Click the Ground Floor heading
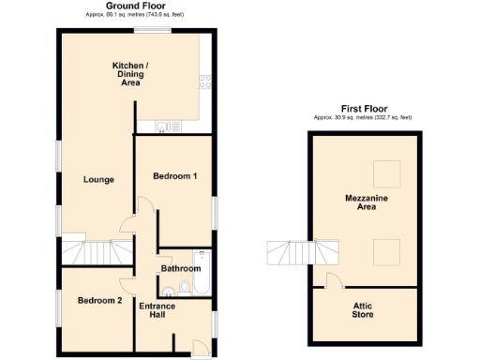138,7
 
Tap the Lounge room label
98,180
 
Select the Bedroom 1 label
175,176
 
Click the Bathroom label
181,269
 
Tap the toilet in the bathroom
185,287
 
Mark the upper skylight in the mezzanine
383,171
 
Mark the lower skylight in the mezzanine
383,250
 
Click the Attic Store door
330,280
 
